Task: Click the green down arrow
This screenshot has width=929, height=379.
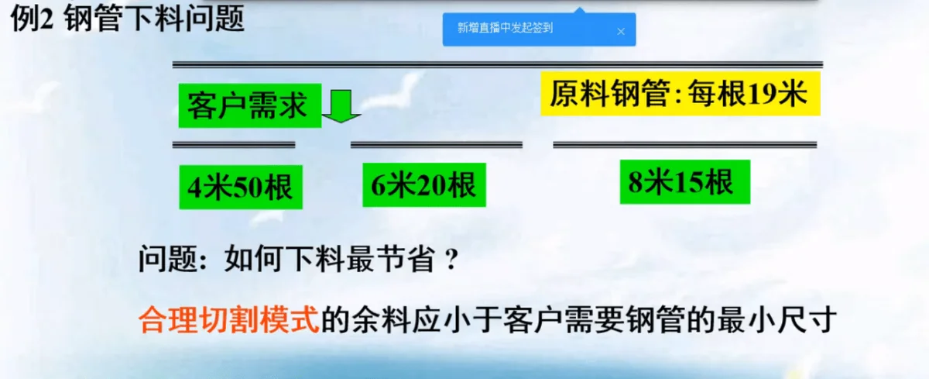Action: [341, 106]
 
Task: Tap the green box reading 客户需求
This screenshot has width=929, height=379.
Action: [249, 105]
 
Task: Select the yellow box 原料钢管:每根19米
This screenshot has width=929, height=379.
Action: [680, 94]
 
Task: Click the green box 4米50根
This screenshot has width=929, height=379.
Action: [241, 187]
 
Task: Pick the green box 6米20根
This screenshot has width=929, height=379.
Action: [424, 184]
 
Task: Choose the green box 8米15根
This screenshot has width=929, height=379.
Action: [684, 182]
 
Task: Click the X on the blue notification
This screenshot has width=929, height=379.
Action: [621, 32]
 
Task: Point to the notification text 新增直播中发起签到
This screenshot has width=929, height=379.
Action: [505, 28]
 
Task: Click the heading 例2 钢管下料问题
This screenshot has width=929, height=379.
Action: [127, 19]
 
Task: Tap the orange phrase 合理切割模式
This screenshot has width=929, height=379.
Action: [228, 319]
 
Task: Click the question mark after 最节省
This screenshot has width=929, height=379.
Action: [451, 259]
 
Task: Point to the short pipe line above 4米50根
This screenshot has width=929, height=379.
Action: [234, 145]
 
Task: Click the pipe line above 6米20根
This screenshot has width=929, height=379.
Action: [437, 145]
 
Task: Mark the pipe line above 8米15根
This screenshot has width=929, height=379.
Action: [684, 145]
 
